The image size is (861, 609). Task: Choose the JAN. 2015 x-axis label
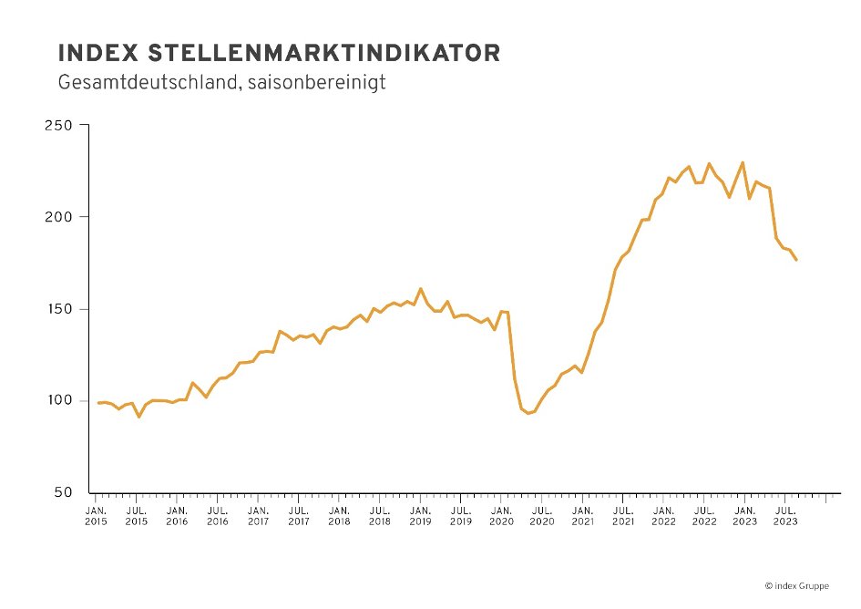coord(96,516)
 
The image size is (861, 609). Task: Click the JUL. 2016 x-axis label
coord(217,516)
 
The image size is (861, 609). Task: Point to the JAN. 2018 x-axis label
coord(339,516)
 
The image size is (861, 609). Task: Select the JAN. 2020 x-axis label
coord(501,516)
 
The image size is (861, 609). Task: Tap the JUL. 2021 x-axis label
coord(622,516)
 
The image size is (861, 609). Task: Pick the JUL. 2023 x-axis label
coord(785,516)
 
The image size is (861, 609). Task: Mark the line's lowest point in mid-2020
coord(528,414)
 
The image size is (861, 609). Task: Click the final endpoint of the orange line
coord(796,261)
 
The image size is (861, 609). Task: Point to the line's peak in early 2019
coord(420,289)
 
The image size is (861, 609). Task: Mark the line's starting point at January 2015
coord(98,402)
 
